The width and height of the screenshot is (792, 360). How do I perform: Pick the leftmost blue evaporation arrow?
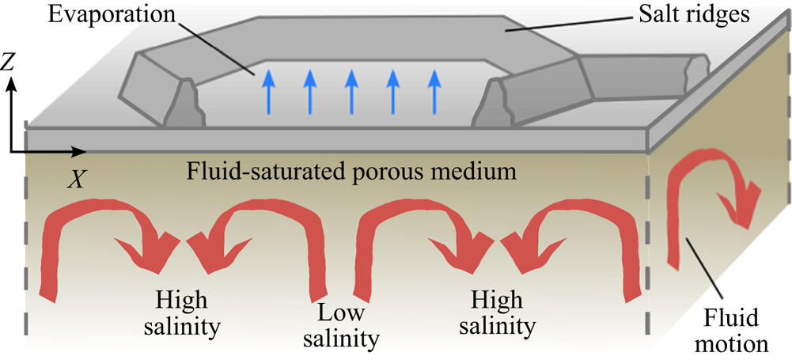(x=268, y=90)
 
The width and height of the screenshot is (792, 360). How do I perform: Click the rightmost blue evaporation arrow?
(x=432, y=90)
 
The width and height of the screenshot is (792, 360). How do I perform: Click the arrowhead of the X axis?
(x=81, y=150)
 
